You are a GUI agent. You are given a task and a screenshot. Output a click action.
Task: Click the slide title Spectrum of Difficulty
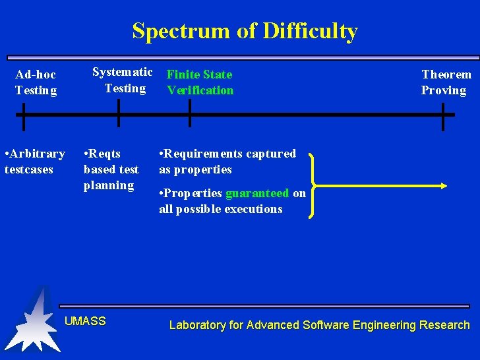(245, 31)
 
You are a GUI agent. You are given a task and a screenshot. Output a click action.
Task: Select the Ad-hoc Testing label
(36, 82)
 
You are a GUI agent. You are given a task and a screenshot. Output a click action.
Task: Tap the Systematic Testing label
(123, 80)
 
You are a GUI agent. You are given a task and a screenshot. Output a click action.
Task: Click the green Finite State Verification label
(200, 82)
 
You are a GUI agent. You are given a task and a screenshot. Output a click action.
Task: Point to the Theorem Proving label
(446, 82)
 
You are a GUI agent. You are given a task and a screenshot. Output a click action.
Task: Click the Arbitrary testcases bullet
(34, 162)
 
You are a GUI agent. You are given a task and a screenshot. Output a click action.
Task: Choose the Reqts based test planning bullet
(111, 169)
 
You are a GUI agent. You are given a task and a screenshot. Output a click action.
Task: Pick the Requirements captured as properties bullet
(227, 162)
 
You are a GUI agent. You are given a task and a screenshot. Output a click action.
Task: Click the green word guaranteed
(257, 193)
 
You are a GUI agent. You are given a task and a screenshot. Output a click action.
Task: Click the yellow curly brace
(314, 185)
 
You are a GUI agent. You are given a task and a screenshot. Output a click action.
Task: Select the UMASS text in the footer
(85, 321)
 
